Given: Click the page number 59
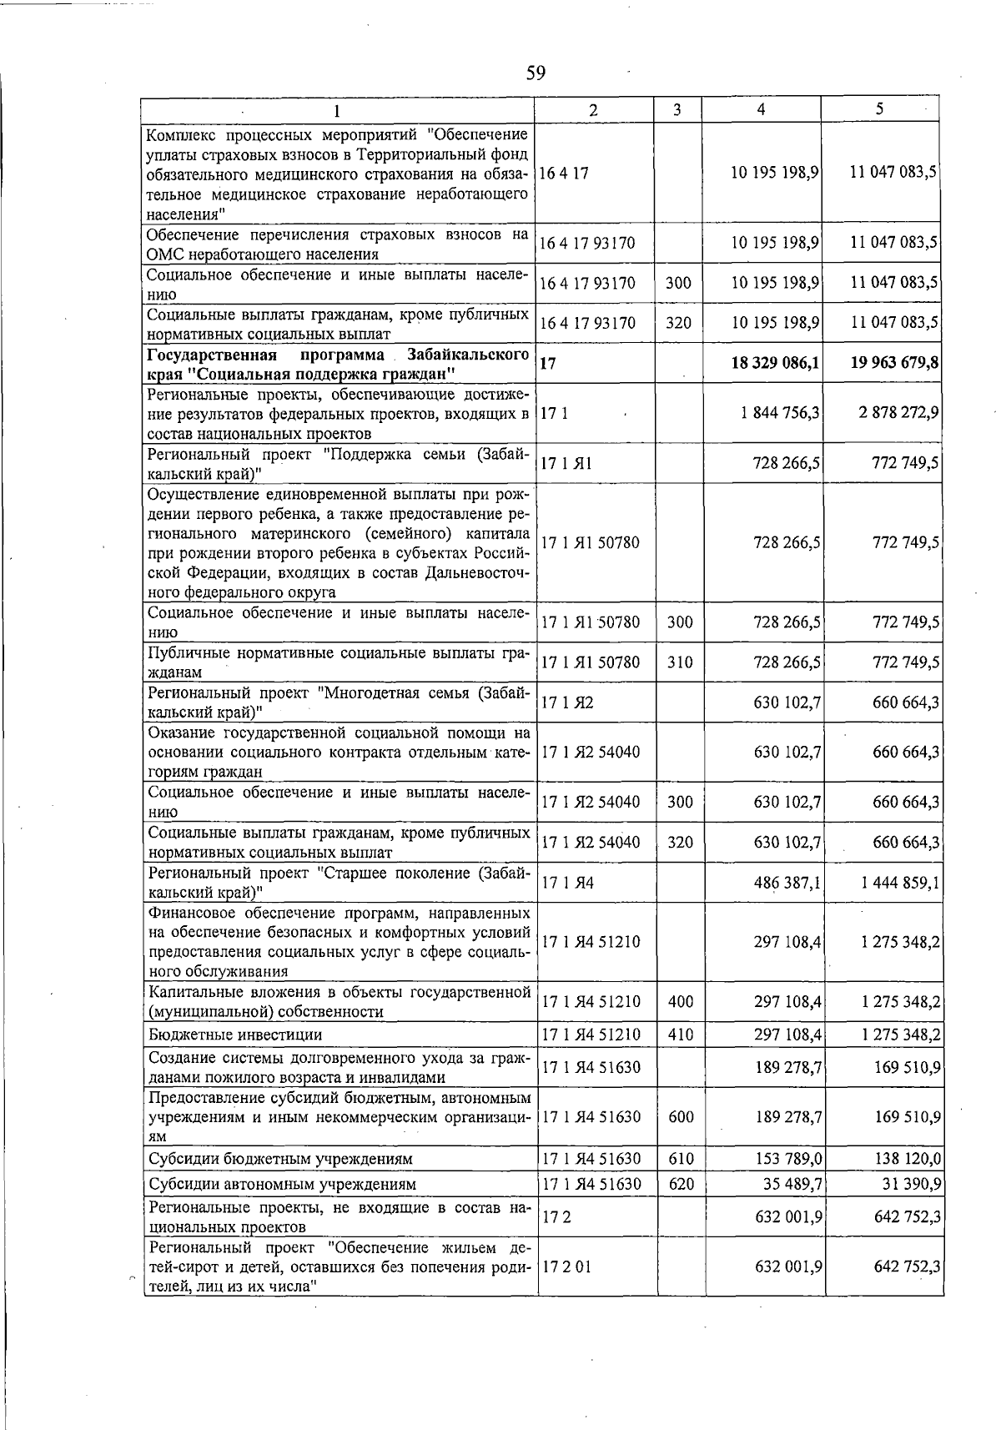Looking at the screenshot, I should (x=536, y=73).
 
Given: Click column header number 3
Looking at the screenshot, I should (x=677, y=109).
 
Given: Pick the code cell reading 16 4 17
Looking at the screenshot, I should (x=565, y=174).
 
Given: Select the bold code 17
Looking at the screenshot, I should (x=548, y=363).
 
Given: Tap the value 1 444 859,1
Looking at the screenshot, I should (x=901, y=882).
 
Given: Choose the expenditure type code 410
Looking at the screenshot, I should (x=681, y=1035).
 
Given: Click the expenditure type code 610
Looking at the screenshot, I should (x=681, y=1159).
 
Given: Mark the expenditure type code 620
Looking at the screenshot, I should (x=681, y=1183).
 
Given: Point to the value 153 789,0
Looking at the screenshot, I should (x=788, y=1159).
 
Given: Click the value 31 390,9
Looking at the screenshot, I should (x=913, y=1183).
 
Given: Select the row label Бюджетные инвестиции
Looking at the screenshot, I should (x=234, y=1035).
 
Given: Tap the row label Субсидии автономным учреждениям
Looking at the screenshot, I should (x=282, y=1184).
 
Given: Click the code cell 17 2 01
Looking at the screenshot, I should (x=566, y=1266).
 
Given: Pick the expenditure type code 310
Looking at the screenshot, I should (x=679, y=662).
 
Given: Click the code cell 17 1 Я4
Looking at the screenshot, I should (x=568, y=882).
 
